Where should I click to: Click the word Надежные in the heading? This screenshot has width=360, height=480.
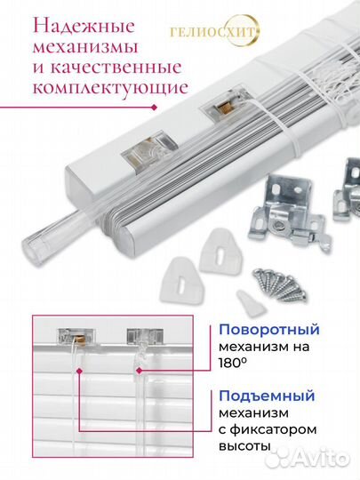84,26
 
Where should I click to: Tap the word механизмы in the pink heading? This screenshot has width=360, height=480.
85,47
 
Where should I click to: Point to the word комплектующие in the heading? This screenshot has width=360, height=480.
110,88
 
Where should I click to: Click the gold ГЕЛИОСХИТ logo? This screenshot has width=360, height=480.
214,31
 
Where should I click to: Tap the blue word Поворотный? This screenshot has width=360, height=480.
269,330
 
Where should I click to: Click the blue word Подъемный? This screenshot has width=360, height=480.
267,396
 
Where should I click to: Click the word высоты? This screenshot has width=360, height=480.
244,445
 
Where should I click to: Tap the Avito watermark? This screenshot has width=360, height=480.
307,459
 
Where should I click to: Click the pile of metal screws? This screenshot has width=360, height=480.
279,284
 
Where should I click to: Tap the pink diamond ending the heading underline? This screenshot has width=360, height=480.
155,108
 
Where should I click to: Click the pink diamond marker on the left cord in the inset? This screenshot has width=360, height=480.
80,371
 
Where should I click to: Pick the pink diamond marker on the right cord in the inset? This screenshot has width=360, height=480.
140,371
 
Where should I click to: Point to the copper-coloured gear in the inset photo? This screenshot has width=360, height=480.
80,339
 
